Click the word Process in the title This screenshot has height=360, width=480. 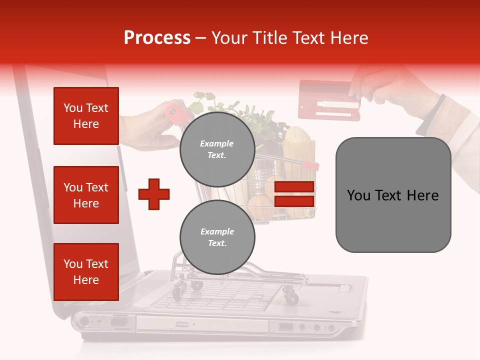click(157, 38)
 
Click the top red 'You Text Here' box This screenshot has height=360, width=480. click(86, 116)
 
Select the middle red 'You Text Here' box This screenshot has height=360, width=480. click(86, 195)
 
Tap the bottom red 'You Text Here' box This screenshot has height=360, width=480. click(86, 272)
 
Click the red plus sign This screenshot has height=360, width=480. click(154, 194)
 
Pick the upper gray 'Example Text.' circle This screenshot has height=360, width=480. click(217, 149)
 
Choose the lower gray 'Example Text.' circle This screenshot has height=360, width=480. click(217, 237)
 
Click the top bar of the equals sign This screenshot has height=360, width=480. click(294, 187)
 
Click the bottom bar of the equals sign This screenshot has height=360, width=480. click(294, 201)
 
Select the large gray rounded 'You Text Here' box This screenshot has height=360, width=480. click(393, 195)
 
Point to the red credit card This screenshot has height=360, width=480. click(328, 100)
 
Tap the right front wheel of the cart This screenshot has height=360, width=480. click(291, 298)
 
